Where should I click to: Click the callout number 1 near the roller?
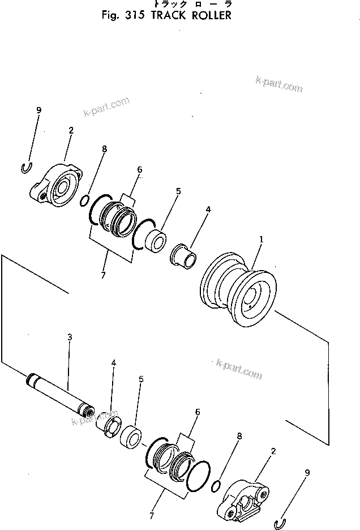coord(261,240)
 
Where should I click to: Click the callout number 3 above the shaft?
coord(70,337)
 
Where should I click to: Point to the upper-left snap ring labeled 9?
coord(25,168)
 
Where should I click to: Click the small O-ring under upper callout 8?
coord(84,200)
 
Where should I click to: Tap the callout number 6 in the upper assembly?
coord(139,169)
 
